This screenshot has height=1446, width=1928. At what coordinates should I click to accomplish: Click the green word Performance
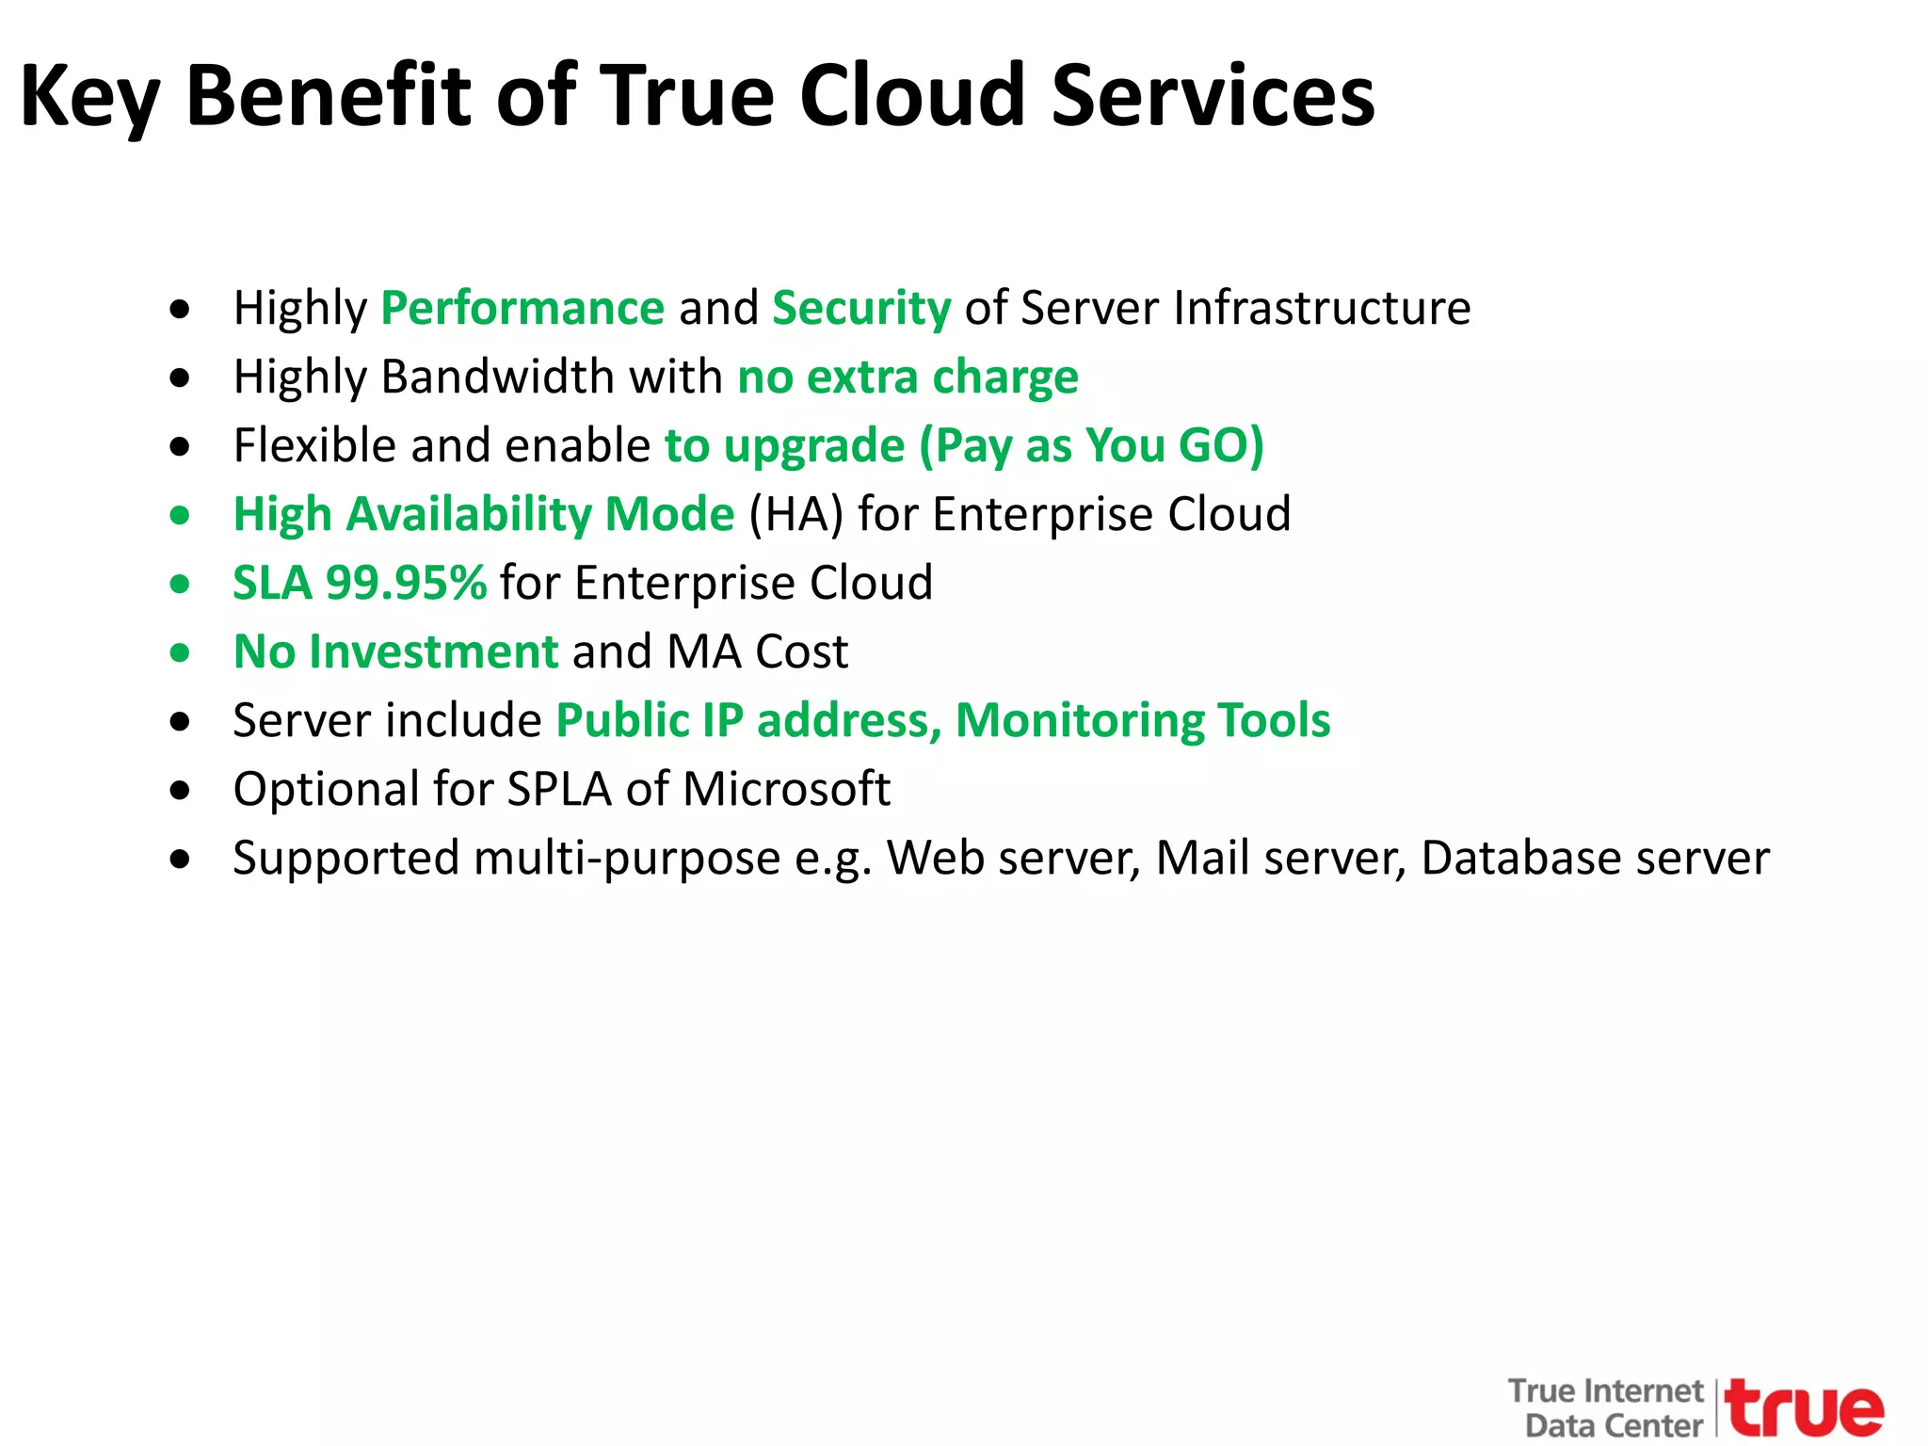(x=522, y=309)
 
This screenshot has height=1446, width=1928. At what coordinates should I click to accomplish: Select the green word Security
(x=861, y=309)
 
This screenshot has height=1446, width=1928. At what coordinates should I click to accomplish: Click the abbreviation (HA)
(x=795, y=515)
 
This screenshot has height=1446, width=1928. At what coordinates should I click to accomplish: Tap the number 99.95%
(x=406, y=583)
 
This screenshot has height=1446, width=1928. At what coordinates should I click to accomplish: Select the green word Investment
(x=434, y=651)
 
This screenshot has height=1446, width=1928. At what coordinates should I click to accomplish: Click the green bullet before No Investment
(x=180, y=652)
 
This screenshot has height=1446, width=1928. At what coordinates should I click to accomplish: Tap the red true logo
(x=1806, y=1408)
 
